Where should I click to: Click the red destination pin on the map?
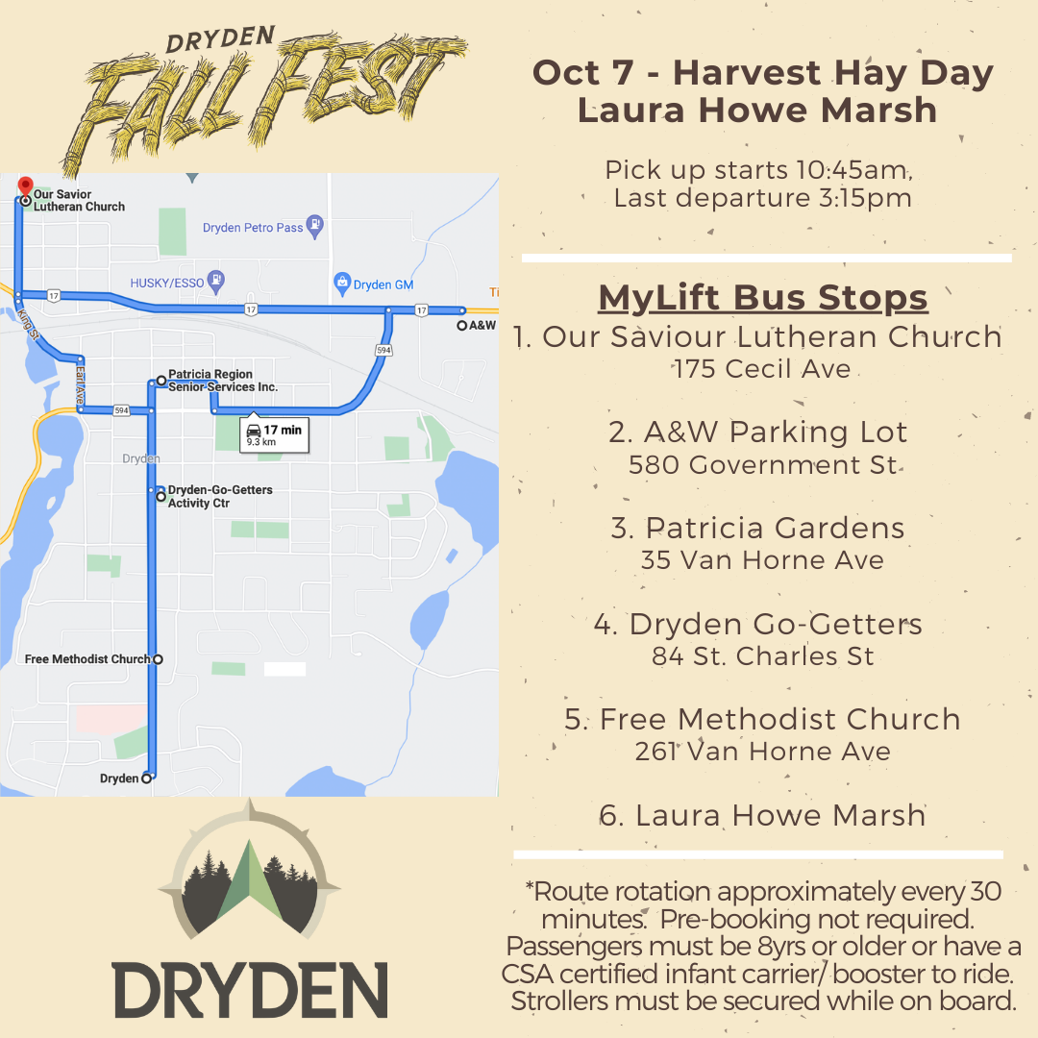pyautogui.click(x=26, y=185)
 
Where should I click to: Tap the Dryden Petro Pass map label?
pyautogui.click(x=253, y=228)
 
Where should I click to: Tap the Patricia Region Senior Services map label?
pyautogui.click(x=222, y=381)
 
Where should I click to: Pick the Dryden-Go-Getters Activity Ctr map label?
pyautogui.click(x=219, y=496)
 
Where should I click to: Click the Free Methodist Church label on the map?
pyautogui.click(x=87, y=659)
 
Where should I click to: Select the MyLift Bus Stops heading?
pyautogui.click(x=762, y=298)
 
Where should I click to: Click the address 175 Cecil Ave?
pyautogui.click(x=761, y=369)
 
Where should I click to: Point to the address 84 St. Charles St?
pyautogui.click(x=762, y=656)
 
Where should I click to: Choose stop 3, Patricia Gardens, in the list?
pyautogui.click(x=757, y=528)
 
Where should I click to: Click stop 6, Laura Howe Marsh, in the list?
pyautogui.click(x=761, y=815)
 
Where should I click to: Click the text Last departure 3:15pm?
pyautogui.click(x=762, y=199)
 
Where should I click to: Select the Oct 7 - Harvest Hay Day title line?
pyautogui.click(x=762, y=73)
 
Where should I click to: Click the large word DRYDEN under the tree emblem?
pyautogui.click(x=250, y=990)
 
